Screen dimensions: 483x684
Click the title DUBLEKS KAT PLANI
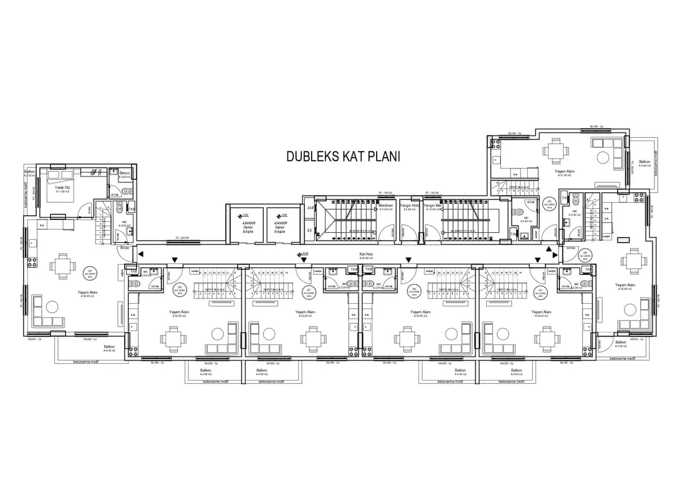[x=343, y=156]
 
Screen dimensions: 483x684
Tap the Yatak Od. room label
[x=63, y=188]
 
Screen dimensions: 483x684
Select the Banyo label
[x=125, y=173]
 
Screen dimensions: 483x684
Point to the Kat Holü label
[x=366, y=254]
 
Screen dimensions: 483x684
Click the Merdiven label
[x=386, y=206]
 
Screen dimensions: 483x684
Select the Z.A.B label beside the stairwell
[x=310, y=207]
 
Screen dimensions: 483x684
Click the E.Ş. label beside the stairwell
[x=309, y=230]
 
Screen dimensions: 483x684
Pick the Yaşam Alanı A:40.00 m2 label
[x=88, y=293]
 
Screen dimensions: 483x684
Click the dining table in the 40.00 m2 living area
[x=59, y=265]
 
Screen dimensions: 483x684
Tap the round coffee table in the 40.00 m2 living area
[x=52, y=307]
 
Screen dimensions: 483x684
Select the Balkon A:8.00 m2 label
[x=110, y=348]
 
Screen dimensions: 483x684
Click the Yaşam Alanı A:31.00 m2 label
[x=564, y=172]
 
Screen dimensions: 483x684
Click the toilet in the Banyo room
[x=127, y=191]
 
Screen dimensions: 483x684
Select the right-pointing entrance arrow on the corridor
[x=555, y=255]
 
